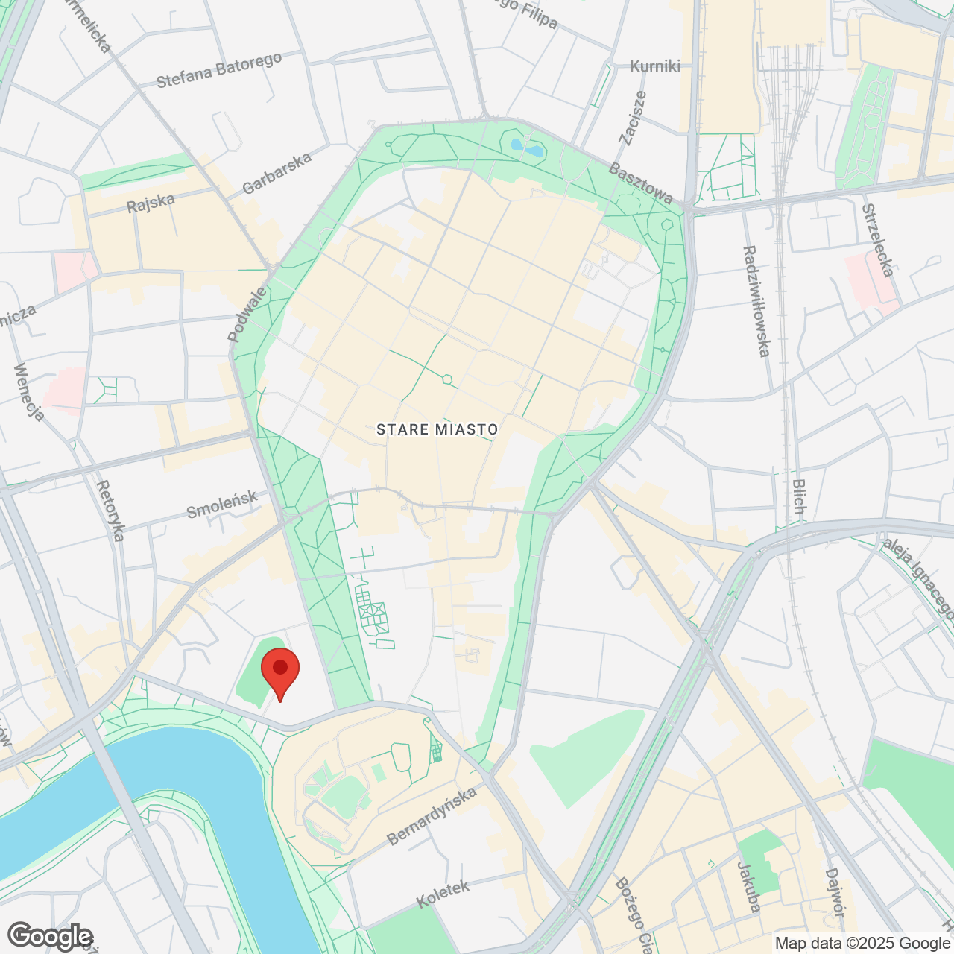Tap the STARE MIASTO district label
(x=437, y=429)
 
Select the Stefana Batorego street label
(x=219, y=70)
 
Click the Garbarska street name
(x=277, y=173)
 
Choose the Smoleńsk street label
(x=221, y=505)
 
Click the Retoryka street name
(x=111, y=511)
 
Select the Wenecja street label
(x=29, y=392)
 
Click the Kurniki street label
(x=655, y=66)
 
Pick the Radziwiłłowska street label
(x=756, y=301)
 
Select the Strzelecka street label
(x=877, y=240)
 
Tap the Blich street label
(x=799, y=496)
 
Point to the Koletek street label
(x=443, y=894)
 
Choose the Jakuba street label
(x=748, y=887)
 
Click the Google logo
(x=50, y=936)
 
